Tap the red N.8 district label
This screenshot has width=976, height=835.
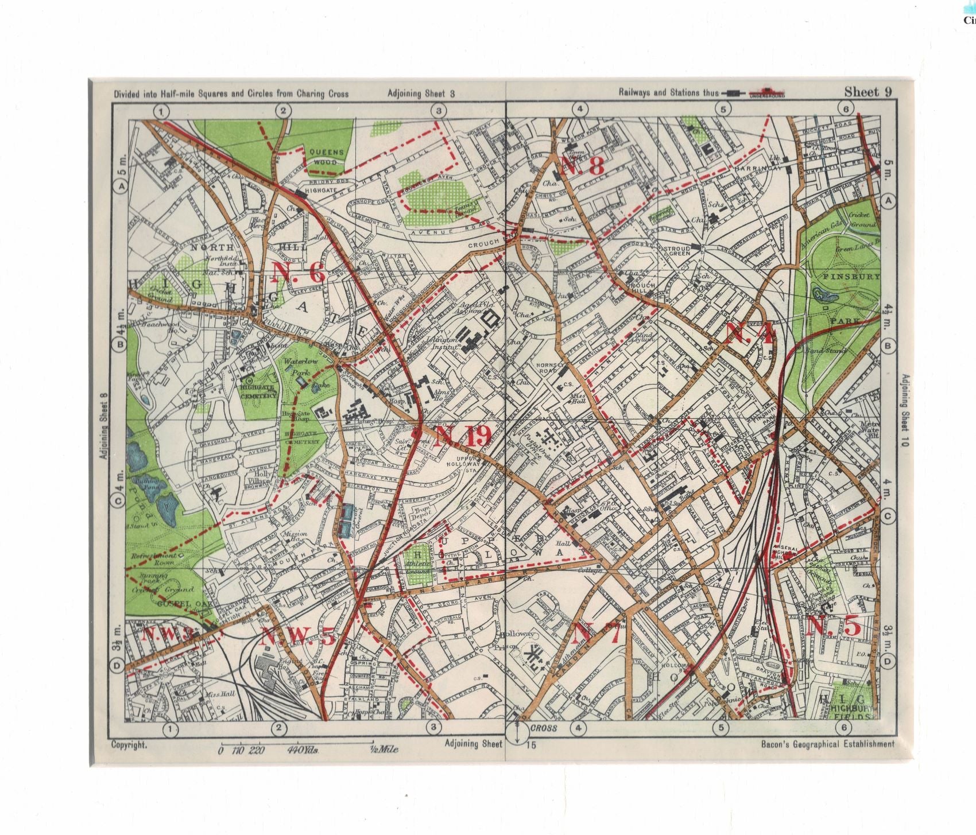click(x=583, y=166)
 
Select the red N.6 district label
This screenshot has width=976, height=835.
click(x=299, y=272)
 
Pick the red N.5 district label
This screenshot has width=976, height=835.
click(x=834, y=626)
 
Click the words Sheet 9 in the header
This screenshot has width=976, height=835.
click(x=867, y=92)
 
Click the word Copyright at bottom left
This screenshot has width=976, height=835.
click(x=129, y=744)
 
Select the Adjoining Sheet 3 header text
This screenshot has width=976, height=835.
click(x=421, y=94)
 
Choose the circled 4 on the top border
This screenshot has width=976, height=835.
click(x=580, y=109)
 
